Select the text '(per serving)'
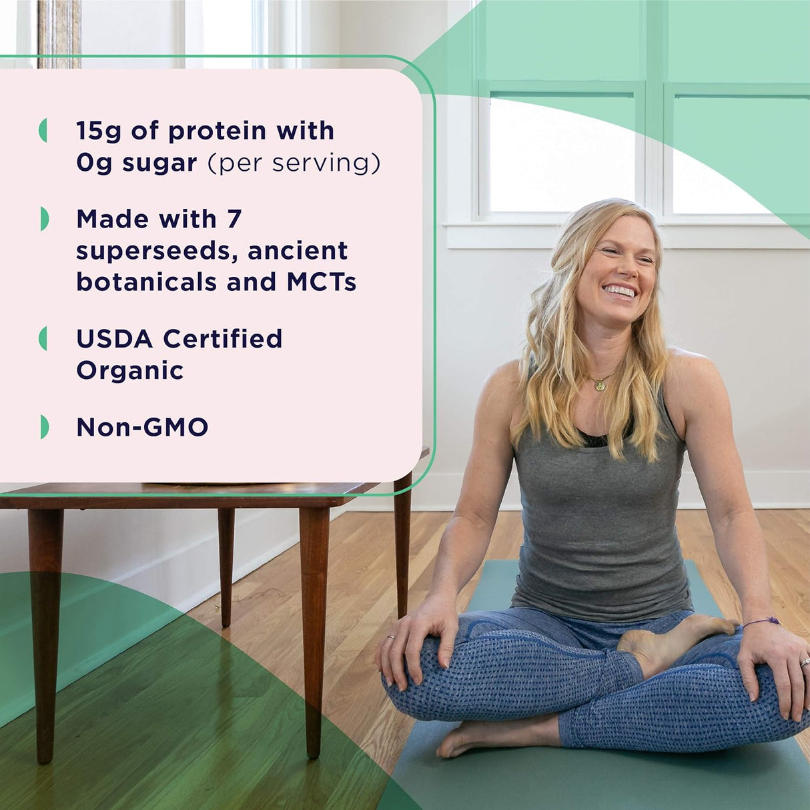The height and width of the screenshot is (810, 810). [x=294, y=163]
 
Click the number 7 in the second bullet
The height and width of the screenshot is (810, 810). [x=234, y=219]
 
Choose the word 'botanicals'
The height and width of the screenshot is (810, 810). [x=146, y=282]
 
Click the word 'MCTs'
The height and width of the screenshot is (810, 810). [x=321, y=282]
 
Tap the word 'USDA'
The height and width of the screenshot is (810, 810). [x=115, y=339]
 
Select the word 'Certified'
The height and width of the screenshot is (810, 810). [x=223, y=339]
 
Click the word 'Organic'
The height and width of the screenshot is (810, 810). [x=129, y=370]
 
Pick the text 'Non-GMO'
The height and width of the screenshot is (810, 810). [x=142, y=427]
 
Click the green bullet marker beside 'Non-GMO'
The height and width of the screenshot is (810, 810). [x=44, y=427]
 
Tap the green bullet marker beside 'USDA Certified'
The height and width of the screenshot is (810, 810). [x=43, y=339]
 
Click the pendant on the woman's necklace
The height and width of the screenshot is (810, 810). [x=600, y=385]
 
